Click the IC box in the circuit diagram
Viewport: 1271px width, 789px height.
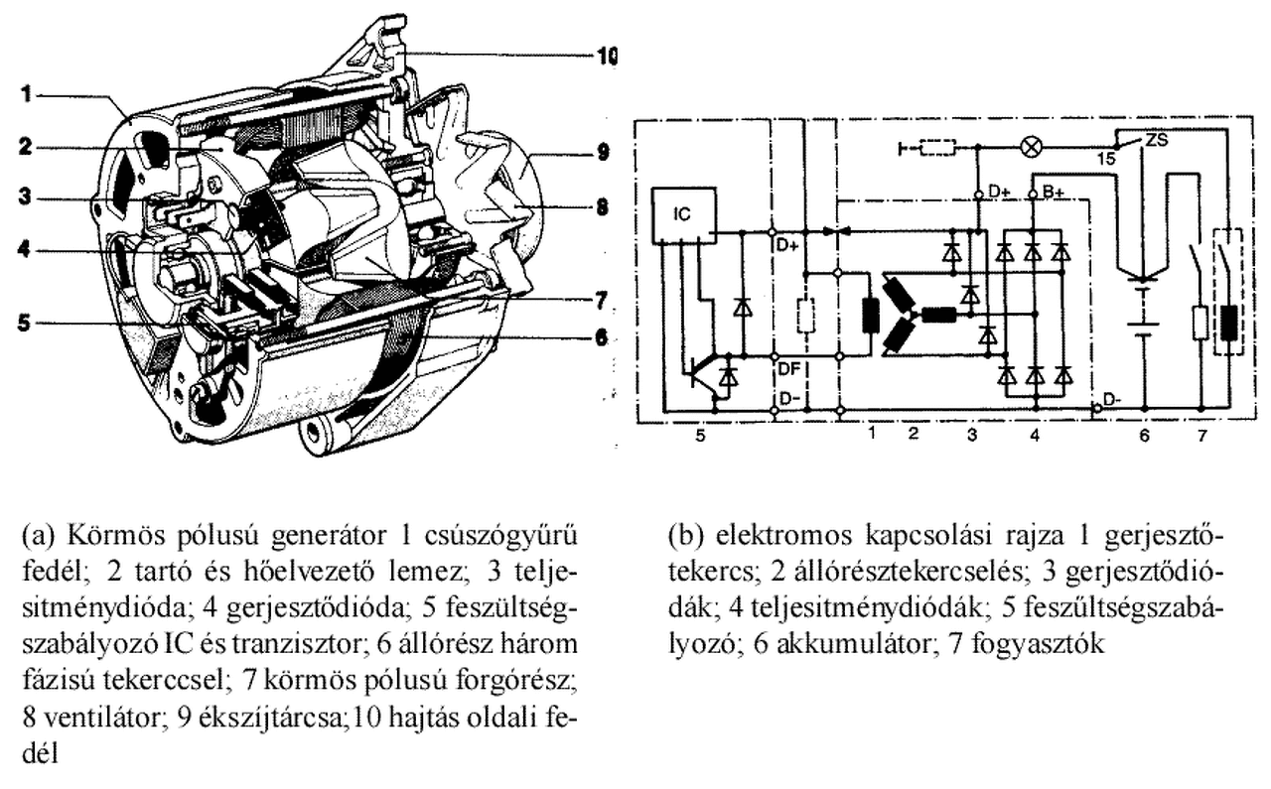pyautogui.click(x=684, y=214)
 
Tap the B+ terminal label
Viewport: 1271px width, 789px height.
pyautogui.click(x=1054, y=193)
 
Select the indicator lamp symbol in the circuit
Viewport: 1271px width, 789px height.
pyautogui.click(x=1030, y=148)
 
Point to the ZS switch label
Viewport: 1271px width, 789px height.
pyautogui.click(x=1156, y=140)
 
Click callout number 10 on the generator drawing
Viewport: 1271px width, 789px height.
pyautogui.click(x=604, y=57)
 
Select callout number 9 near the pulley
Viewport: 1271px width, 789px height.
pyautogui.click(x=603, y=153)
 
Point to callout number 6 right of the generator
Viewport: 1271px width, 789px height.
pyautogui.click(x=600, y=336)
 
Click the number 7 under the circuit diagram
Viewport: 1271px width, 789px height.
pyautogui.click(x=1202, y=435)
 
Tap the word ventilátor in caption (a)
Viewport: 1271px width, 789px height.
pyautogui.click(x=75, y=717)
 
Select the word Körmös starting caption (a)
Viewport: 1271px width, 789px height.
pyautogui.click(x=103, y=537)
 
